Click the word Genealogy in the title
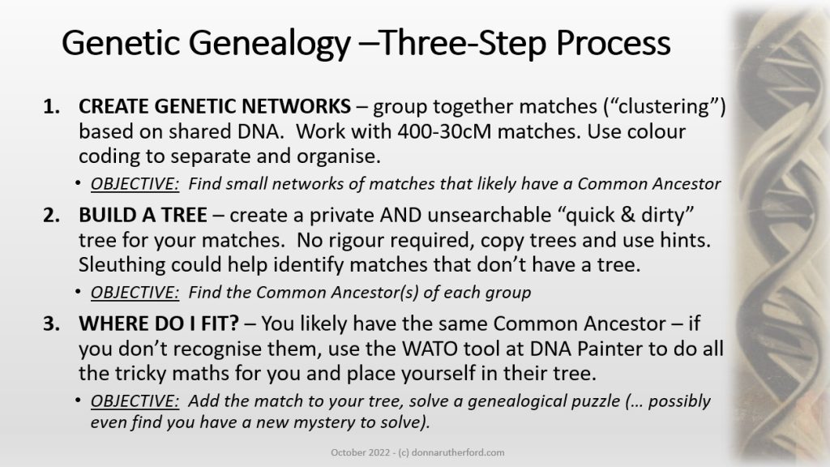pos(269,44)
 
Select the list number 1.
pos(51,106)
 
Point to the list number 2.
pos(51,215)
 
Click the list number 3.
pos(51,323)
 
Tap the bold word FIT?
pos(219,323)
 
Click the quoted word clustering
pos(665,106)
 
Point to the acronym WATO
pos(430,349)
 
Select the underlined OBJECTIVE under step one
pos(135,184)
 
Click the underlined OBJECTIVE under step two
pos(135,292)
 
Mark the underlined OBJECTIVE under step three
pos(135,401)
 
